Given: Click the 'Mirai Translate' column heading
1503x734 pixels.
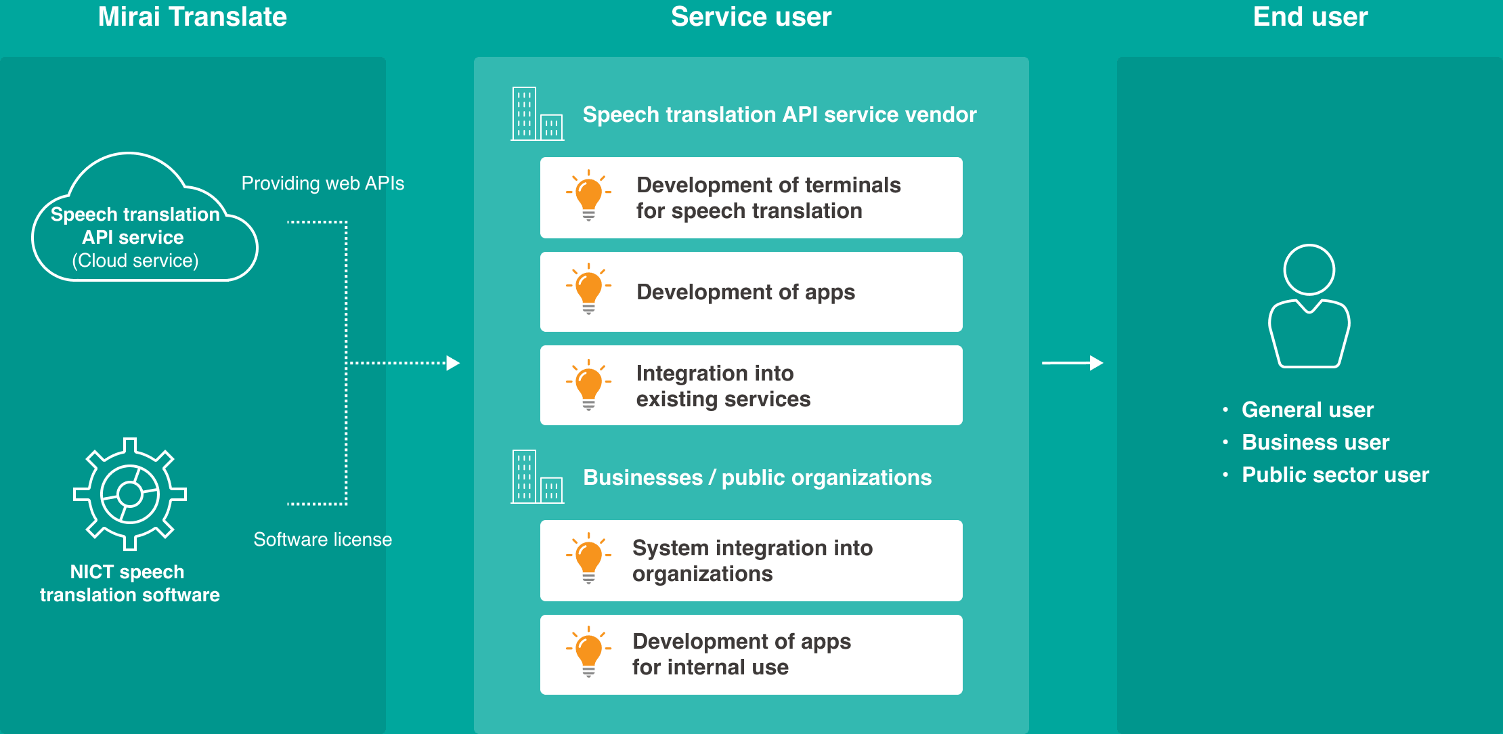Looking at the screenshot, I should pyautogui.click(x=192, y=17).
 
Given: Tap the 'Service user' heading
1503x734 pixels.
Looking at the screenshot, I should pyautogui.click(x=751, y=17).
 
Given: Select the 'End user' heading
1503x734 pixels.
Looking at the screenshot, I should pyautogui.click(x=1310, y=17).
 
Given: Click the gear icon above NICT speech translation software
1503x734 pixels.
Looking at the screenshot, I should pyautogui.click(x=130, y=494).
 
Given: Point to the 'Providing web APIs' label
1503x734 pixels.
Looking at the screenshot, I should pyautogui.click(x=322, y=183).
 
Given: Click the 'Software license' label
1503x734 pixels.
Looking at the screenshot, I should pyautogui.click(x=322, y=540).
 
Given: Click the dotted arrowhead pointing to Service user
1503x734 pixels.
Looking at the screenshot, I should pyautogui.click(x=453, y=364).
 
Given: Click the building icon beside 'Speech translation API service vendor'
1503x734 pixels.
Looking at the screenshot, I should pyautogui.click(x=537, y=114).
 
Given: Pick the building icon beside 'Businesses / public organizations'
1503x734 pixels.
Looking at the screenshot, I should pyautogui.click(x=537, y=477).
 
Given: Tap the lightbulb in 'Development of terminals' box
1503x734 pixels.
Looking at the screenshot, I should pyautogui.click(x=588, y=196).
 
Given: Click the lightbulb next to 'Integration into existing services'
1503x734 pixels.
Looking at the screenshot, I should pyautogui.click(x=588, y=385).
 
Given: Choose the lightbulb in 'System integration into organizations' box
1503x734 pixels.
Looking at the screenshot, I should pyautogui.click(x=588, y=559).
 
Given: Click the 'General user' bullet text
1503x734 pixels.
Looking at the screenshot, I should pyautogui.click(x=1307, y=410).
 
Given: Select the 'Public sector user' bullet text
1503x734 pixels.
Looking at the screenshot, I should pyautogui.click(x=1335, y=475).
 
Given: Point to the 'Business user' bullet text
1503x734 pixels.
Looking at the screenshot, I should pyautogui.click(x=1315, y=442).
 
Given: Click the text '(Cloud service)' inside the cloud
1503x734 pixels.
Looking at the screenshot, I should pyautogui.click(x=135, y=261).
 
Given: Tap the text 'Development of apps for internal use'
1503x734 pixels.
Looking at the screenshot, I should pyautogui.click(x=741, y=654).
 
